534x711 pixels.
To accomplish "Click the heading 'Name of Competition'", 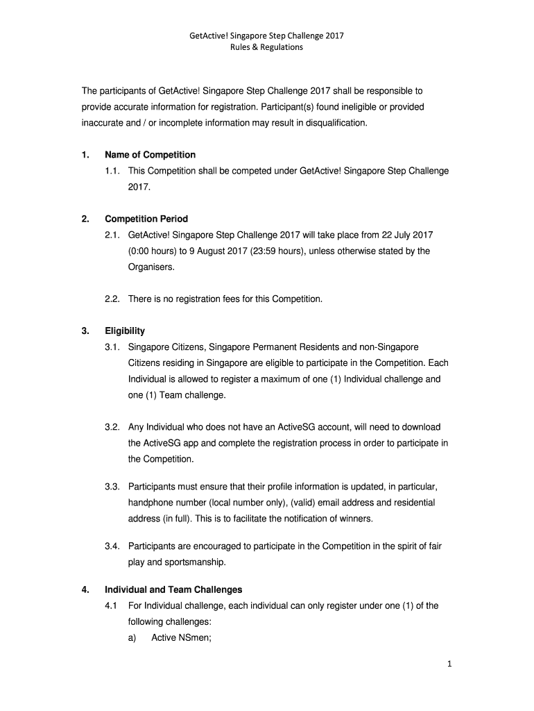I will click(x=150, y=155).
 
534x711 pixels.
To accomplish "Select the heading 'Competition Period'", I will click(x=146, y=219).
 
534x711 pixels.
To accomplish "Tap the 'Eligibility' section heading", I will click(x=125, y=331).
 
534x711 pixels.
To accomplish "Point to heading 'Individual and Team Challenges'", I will click(x=173, y=589).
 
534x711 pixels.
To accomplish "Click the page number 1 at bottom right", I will click(x=449, y=664).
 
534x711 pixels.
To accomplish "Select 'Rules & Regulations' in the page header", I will click(x=267, y=48).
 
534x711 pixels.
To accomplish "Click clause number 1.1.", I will click(x=113, y=171).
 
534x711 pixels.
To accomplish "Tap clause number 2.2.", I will click(x=113, y=299).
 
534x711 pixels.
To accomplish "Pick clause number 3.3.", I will click(x=113, y=487).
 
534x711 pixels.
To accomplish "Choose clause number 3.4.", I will click(x=113, y=546).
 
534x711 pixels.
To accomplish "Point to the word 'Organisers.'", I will click(x=150, y=267).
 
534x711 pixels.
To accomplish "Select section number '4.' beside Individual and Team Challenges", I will click(x=85, y=589).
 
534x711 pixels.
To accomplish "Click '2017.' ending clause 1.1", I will click(x=139, y=187).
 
